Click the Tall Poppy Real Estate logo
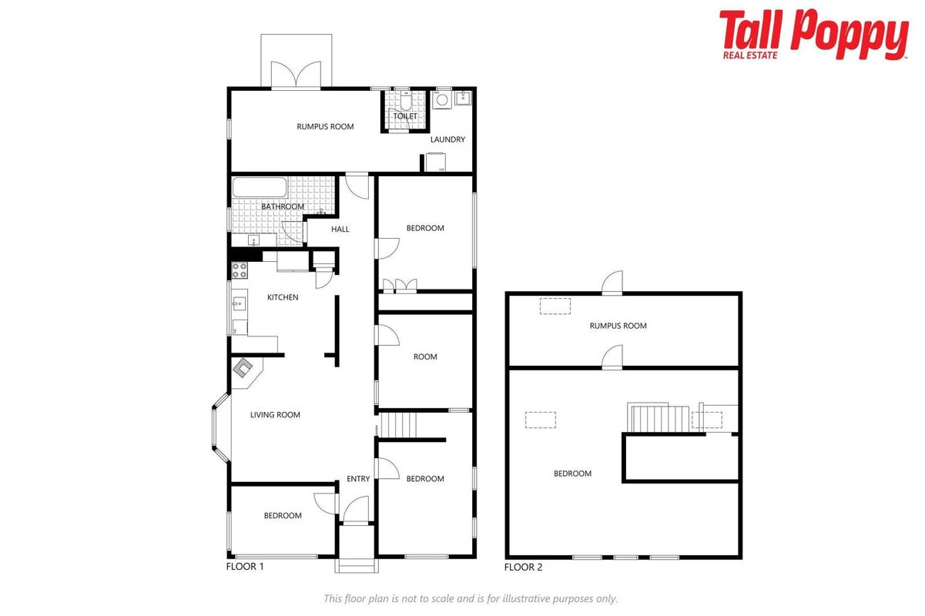[813, 35]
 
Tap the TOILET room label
[404, 116]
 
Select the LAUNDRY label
[447, 139]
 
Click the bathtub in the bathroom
[260, 187]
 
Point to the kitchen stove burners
[240, 270]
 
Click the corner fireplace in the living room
[243, 367]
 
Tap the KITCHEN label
[283, 297]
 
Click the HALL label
[340, 229]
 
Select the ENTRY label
[358, 479]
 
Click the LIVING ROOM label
[275, 415]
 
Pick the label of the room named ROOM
[425, 357]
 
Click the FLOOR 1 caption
[245, 567]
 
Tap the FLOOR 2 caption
[523, 567]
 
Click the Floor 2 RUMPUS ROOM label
[618, 326]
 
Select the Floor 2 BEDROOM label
[572, 474]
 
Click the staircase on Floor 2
[659, 418]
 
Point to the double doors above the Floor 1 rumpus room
[296, 75]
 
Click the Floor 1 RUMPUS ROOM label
[325, 127]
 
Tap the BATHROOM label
[283, 206]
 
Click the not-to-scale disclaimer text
[471, 598]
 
